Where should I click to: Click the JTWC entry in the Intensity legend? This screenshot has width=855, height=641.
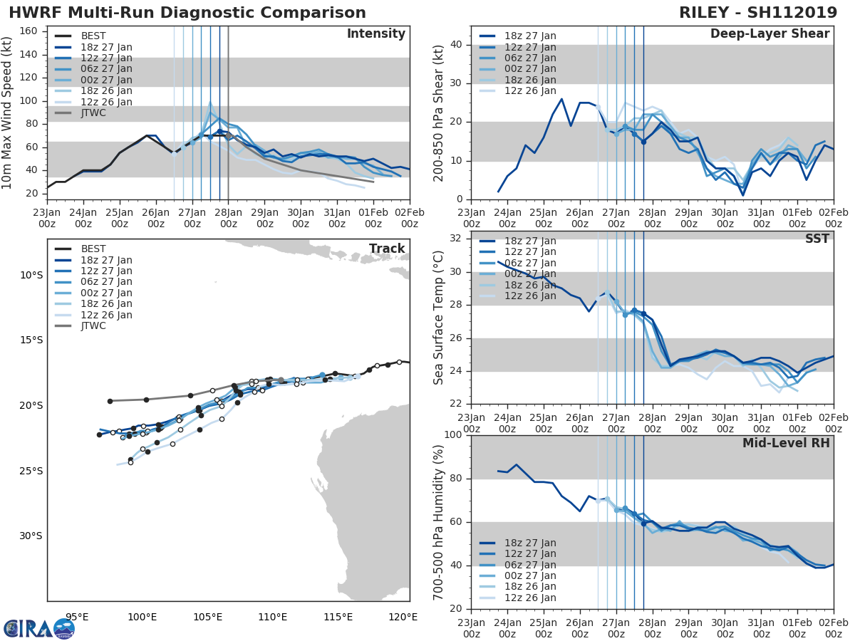93,113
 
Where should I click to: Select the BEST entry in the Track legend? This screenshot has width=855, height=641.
93,249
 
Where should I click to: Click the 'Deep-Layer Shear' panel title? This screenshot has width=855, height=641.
769,34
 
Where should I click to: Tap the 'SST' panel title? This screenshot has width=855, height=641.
817,239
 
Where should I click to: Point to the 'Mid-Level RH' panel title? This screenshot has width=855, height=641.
786,444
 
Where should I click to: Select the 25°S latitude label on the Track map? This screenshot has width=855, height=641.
31,471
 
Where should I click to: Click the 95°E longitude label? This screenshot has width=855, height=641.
76,617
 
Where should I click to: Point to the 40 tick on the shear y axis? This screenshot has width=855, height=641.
456,45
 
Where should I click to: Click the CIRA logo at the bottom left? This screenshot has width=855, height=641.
39,628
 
